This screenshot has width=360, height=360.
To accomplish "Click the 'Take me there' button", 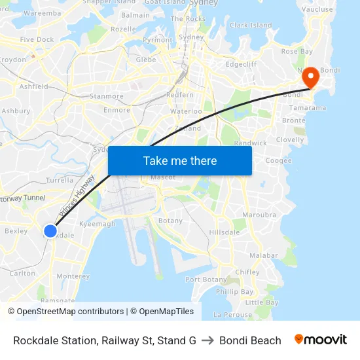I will coord(180,161).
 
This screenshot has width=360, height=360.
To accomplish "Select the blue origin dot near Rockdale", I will coord(50,230).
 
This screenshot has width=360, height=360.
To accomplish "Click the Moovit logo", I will coord(321,340).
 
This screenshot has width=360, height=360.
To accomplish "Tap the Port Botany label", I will coord(206,279).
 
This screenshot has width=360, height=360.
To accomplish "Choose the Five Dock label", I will coord(37,39).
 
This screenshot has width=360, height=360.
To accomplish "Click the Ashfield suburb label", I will coord(34,86).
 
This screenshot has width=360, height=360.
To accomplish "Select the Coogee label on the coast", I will coord(278,160).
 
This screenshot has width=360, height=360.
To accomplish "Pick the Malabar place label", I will coord(264,255).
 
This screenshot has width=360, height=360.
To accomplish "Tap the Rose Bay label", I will coord(297,51).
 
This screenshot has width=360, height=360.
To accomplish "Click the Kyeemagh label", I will coord(97,224).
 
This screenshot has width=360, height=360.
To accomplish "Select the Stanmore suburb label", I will coord(106,96).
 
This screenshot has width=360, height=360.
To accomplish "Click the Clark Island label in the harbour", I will coord(251,26).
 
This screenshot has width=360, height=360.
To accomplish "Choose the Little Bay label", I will coord(262,302).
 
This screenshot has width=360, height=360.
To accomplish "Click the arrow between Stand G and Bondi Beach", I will coord(207,340).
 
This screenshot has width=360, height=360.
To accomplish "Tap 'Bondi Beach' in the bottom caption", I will coord(250,340).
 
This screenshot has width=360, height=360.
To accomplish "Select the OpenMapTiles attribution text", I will coord(162,312).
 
